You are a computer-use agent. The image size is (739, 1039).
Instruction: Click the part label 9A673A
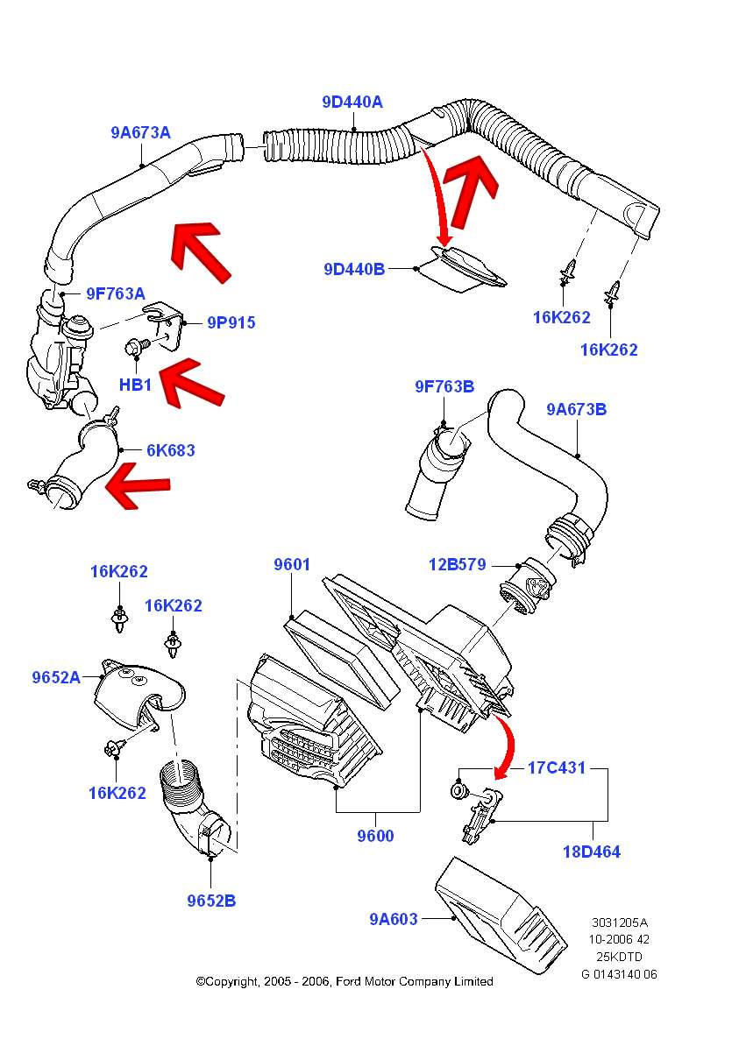(x=140, y=133)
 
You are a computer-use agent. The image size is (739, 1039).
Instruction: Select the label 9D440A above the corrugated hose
(x=352, y=102)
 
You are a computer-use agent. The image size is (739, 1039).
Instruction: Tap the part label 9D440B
(x=354, y=269)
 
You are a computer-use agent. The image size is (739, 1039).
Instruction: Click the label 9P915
(x=231, y=323)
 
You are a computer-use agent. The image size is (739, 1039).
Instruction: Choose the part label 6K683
(x=171, y=450)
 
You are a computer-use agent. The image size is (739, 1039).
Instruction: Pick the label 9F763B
(x=444, y=386)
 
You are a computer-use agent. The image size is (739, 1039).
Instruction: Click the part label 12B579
(x=457, y=564)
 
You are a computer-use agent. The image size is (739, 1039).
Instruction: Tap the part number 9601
(x=292, y=565)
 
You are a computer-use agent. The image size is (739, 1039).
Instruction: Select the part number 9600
(x=375, y=836)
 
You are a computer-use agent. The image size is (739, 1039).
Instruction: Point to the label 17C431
(x=556, y=768)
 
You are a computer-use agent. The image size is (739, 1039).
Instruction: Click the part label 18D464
(x=591, y=851)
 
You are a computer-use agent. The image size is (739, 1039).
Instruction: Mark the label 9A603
(x=394, y=918)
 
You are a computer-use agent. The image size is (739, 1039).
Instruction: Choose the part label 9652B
(x=210, y=900)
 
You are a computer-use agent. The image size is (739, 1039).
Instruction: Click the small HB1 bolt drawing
(x=138, y=349)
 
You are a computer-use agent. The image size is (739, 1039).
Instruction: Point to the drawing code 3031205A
(x=621, y=922)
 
